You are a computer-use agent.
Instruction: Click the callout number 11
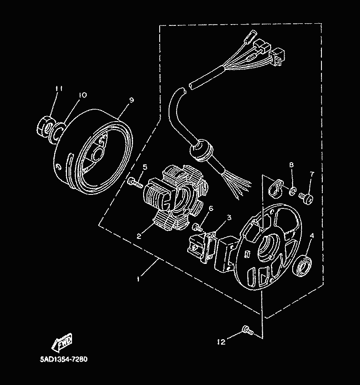coord(58,89)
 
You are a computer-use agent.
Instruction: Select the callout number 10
coord(82,95)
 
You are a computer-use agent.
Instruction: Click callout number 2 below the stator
coord(139,236)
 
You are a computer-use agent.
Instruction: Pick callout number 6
coord(210,208)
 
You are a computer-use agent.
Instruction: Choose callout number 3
coord(229,218)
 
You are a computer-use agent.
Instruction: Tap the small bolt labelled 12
coord(246,330)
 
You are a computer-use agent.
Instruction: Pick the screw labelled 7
coord(306,197)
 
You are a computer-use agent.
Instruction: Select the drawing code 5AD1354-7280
coord(64,360)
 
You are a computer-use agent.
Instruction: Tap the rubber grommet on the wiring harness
coord(200,151)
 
